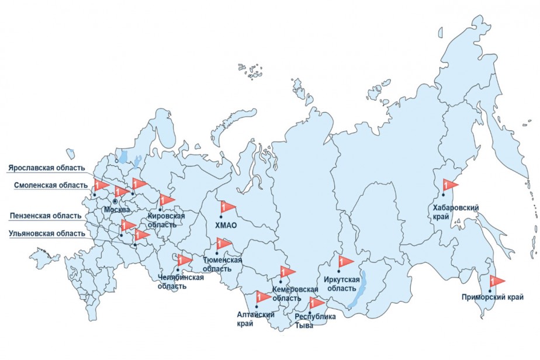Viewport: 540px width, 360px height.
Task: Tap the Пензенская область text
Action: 46,216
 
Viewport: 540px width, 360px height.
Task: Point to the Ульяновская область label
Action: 46,234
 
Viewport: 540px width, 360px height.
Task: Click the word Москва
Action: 116,209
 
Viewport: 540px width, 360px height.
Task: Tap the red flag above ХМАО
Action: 226,207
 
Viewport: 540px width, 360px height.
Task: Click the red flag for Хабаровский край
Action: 449,185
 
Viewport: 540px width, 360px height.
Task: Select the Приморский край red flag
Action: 496,281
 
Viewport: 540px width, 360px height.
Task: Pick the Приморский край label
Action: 492,297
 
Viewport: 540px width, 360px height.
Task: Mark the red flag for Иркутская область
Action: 345,261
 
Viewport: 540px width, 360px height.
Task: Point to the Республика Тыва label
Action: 315,321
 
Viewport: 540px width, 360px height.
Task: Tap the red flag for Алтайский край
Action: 262,297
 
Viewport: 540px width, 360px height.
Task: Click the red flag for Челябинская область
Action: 184,260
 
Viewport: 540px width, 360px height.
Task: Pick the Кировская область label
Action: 166,220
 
